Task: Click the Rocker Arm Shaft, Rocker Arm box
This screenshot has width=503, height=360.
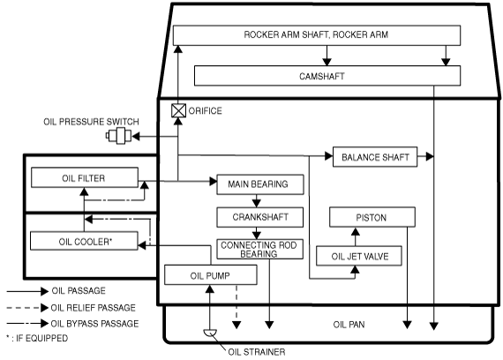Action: point(317,35)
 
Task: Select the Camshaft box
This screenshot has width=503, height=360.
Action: point(327,76)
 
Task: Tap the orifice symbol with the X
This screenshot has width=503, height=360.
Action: point(178,110)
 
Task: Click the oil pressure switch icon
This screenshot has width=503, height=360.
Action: point(119,136)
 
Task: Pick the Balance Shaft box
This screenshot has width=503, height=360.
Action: point(375,157)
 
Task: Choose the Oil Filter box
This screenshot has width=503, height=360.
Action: point(85,177)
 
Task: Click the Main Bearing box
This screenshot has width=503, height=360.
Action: point(260,184)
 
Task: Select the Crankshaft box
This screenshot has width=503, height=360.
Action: point(259,217)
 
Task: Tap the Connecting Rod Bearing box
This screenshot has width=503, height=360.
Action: point(259,250)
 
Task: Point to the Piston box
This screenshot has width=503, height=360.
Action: point(372,217)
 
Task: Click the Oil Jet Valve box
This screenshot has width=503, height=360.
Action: point(359,256)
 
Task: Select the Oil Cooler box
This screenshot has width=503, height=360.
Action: point(84,241)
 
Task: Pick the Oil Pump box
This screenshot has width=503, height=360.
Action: point(211,274)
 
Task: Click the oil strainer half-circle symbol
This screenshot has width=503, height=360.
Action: point(210,333)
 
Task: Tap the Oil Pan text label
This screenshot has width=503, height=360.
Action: point(349,325)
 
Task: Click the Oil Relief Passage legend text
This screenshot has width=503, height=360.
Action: point(93,308)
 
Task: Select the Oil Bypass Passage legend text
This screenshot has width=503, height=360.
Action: point(94,324)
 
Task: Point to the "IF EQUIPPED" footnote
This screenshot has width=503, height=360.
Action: point(37,338)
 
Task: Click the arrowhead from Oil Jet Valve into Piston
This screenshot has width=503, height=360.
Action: point(355,232)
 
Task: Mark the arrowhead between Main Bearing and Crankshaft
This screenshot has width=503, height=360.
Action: point(256,203)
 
